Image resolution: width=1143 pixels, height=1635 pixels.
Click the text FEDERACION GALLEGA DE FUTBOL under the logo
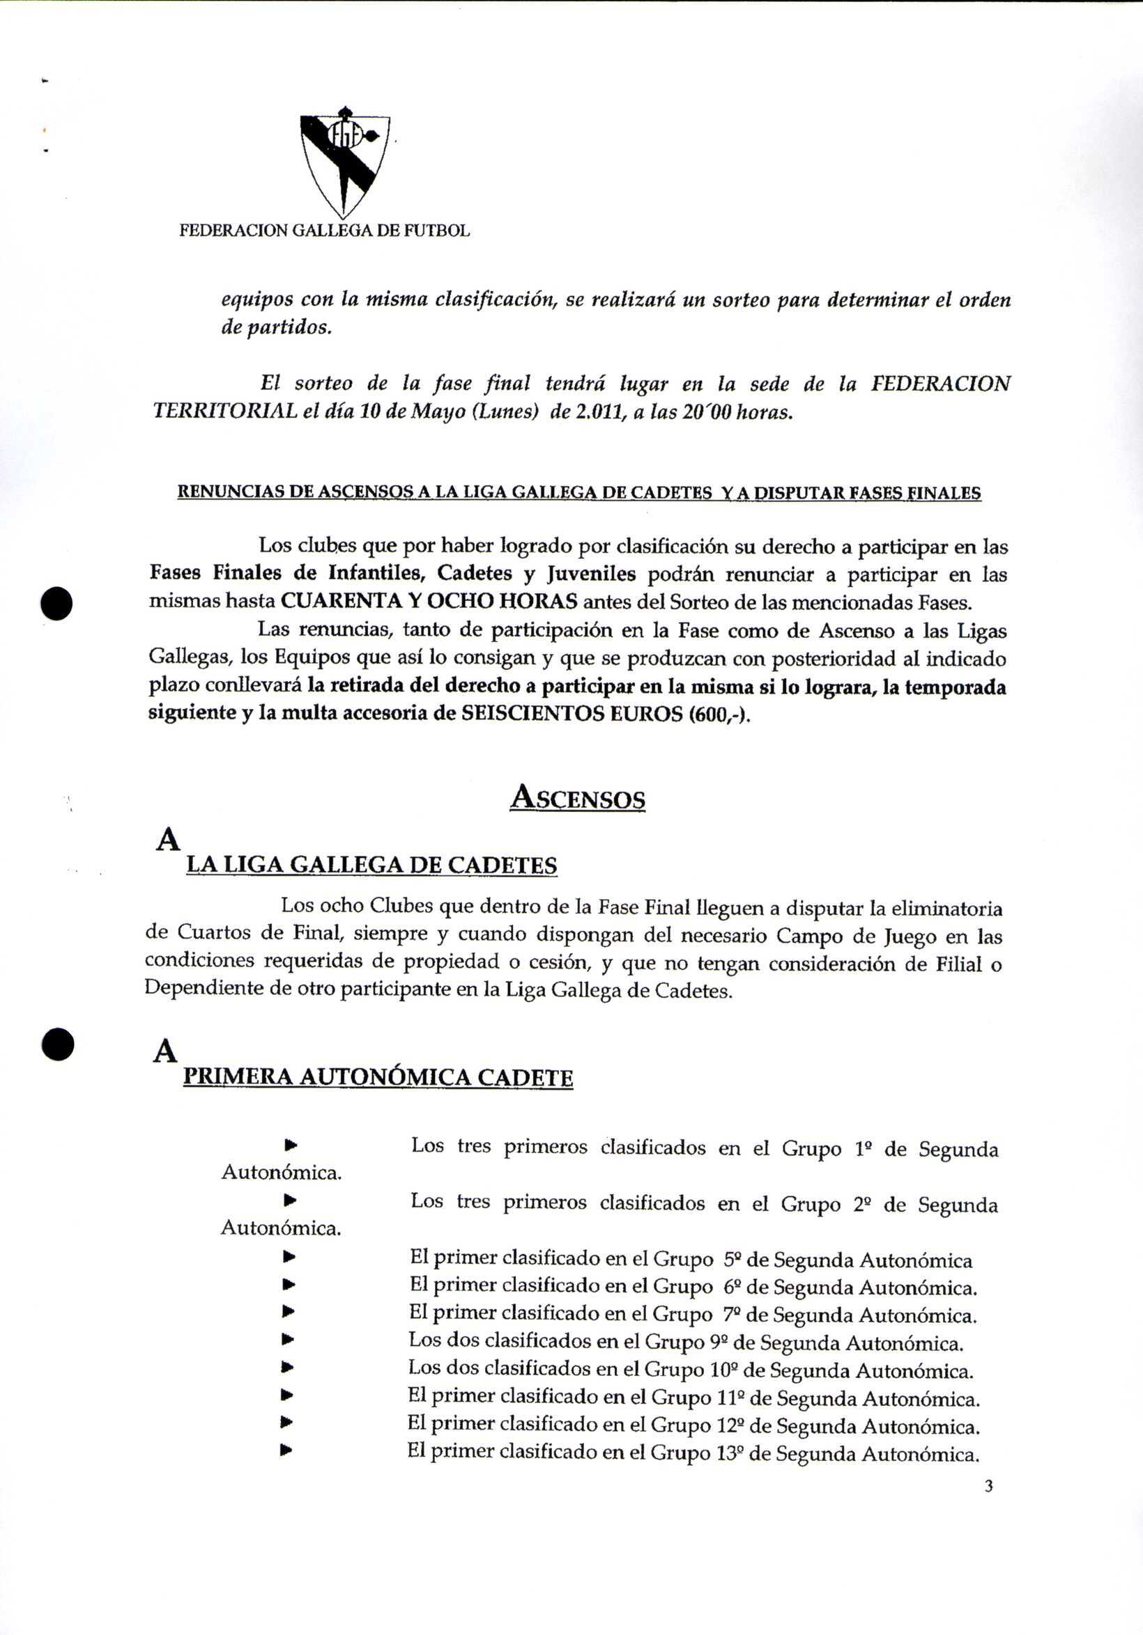click(324, 230)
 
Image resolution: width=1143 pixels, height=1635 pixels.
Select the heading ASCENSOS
click(578, 797)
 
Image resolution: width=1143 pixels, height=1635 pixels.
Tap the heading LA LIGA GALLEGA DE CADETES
click(371, 866)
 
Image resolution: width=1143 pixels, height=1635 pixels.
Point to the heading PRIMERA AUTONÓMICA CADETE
click(378, 1077)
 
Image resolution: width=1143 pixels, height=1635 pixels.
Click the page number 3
click(988, 1486)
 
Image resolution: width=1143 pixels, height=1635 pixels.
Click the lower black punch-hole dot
click(58, 1044)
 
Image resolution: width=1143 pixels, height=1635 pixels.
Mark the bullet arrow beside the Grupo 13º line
click(288, 1449)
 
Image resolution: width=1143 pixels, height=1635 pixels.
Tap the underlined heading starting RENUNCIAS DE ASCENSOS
click(578, 493)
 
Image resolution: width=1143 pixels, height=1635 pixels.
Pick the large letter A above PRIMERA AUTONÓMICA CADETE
click(165, 1051)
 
